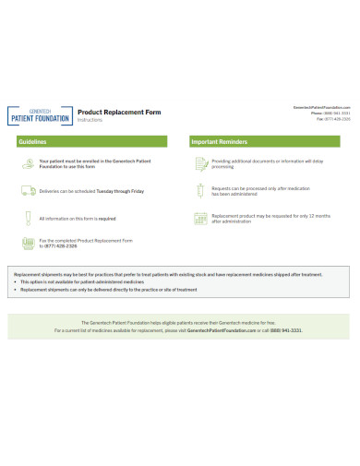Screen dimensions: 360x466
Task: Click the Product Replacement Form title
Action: point(118,112)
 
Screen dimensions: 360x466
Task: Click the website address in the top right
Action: point(321,107)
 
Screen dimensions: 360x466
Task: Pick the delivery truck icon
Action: point(29,191)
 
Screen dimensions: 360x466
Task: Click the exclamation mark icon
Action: point(29,219)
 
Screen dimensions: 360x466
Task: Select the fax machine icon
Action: point(29,243)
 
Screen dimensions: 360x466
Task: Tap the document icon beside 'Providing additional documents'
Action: point(202,163)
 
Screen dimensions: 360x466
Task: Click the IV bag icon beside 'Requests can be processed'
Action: point(202,191)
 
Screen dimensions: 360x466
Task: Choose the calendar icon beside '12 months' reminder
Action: point(202,219)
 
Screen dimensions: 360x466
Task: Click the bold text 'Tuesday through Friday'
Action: point(119,191)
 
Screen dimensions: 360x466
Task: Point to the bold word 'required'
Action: point(106,219)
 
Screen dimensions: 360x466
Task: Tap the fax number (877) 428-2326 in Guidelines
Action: point(61,246)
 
